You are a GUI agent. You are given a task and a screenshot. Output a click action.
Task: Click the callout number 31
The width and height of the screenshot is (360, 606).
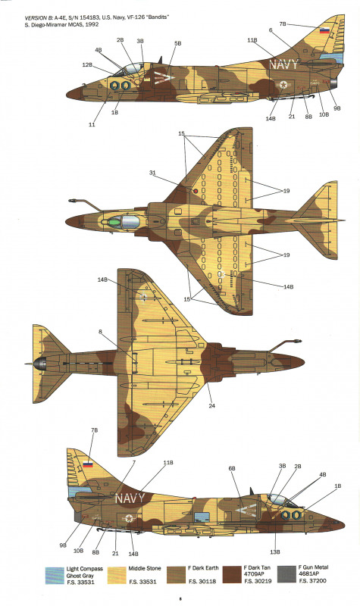(153, 173)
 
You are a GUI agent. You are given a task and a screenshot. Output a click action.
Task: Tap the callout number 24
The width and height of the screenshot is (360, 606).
(212, 406)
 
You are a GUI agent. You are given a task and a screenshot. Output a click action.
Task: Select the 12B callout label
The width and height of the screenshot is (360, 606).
(87, 65)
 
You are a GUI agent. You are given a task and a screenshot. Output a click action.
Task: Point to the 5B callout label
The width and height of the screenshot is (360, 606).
(177, 44)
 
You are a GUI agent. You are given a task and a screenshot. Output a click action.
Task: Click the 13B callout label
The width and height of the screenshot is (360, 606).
(275, 552)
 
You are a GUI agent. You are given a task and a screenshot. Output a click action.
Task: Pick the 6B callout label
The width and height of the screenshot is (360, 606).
(232, 468)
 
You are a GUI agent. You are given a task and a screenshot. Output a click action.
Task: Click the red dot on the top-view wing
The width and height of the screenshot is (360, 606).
(196, 191)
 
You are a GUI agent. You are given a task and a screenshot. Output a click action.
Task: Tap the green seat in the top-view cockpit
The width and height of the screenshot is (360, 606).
(114, 222)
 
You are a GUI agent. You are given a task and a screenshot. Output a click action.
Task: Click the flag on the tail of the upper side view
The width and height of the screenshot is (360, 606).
(325, 31)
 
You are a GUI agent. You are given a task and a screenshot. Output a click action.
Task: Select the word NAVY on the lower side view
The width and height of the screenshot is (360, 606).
(130, 498)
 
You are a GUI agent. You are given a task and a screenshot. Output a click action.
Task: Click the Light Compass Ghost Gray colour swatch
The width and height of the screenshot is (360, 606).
(55, 576)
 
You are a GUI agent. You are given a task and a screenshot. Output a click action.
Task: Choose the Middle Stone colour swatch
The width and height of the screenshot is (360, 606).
(117, 576)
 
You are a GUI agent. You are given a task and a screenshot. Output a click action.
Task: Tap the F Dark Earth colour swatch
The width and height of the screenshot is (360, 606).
(177, 576)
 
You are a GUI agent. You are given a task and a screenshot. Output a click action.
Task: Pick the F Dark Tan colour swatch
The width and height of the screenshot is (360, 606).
(233, 576)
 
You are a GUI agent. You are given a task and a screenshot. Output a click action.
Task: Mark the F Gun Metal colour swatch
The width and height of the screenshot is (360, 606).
(287, 575)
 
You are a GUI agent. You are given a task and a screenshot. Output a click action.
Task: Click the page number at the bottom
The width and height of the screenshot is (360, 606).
(180, 598)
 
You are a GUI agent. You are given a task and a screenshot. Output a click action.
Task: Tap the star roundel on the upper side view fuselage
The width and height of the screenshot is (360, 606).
(283, 85)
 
